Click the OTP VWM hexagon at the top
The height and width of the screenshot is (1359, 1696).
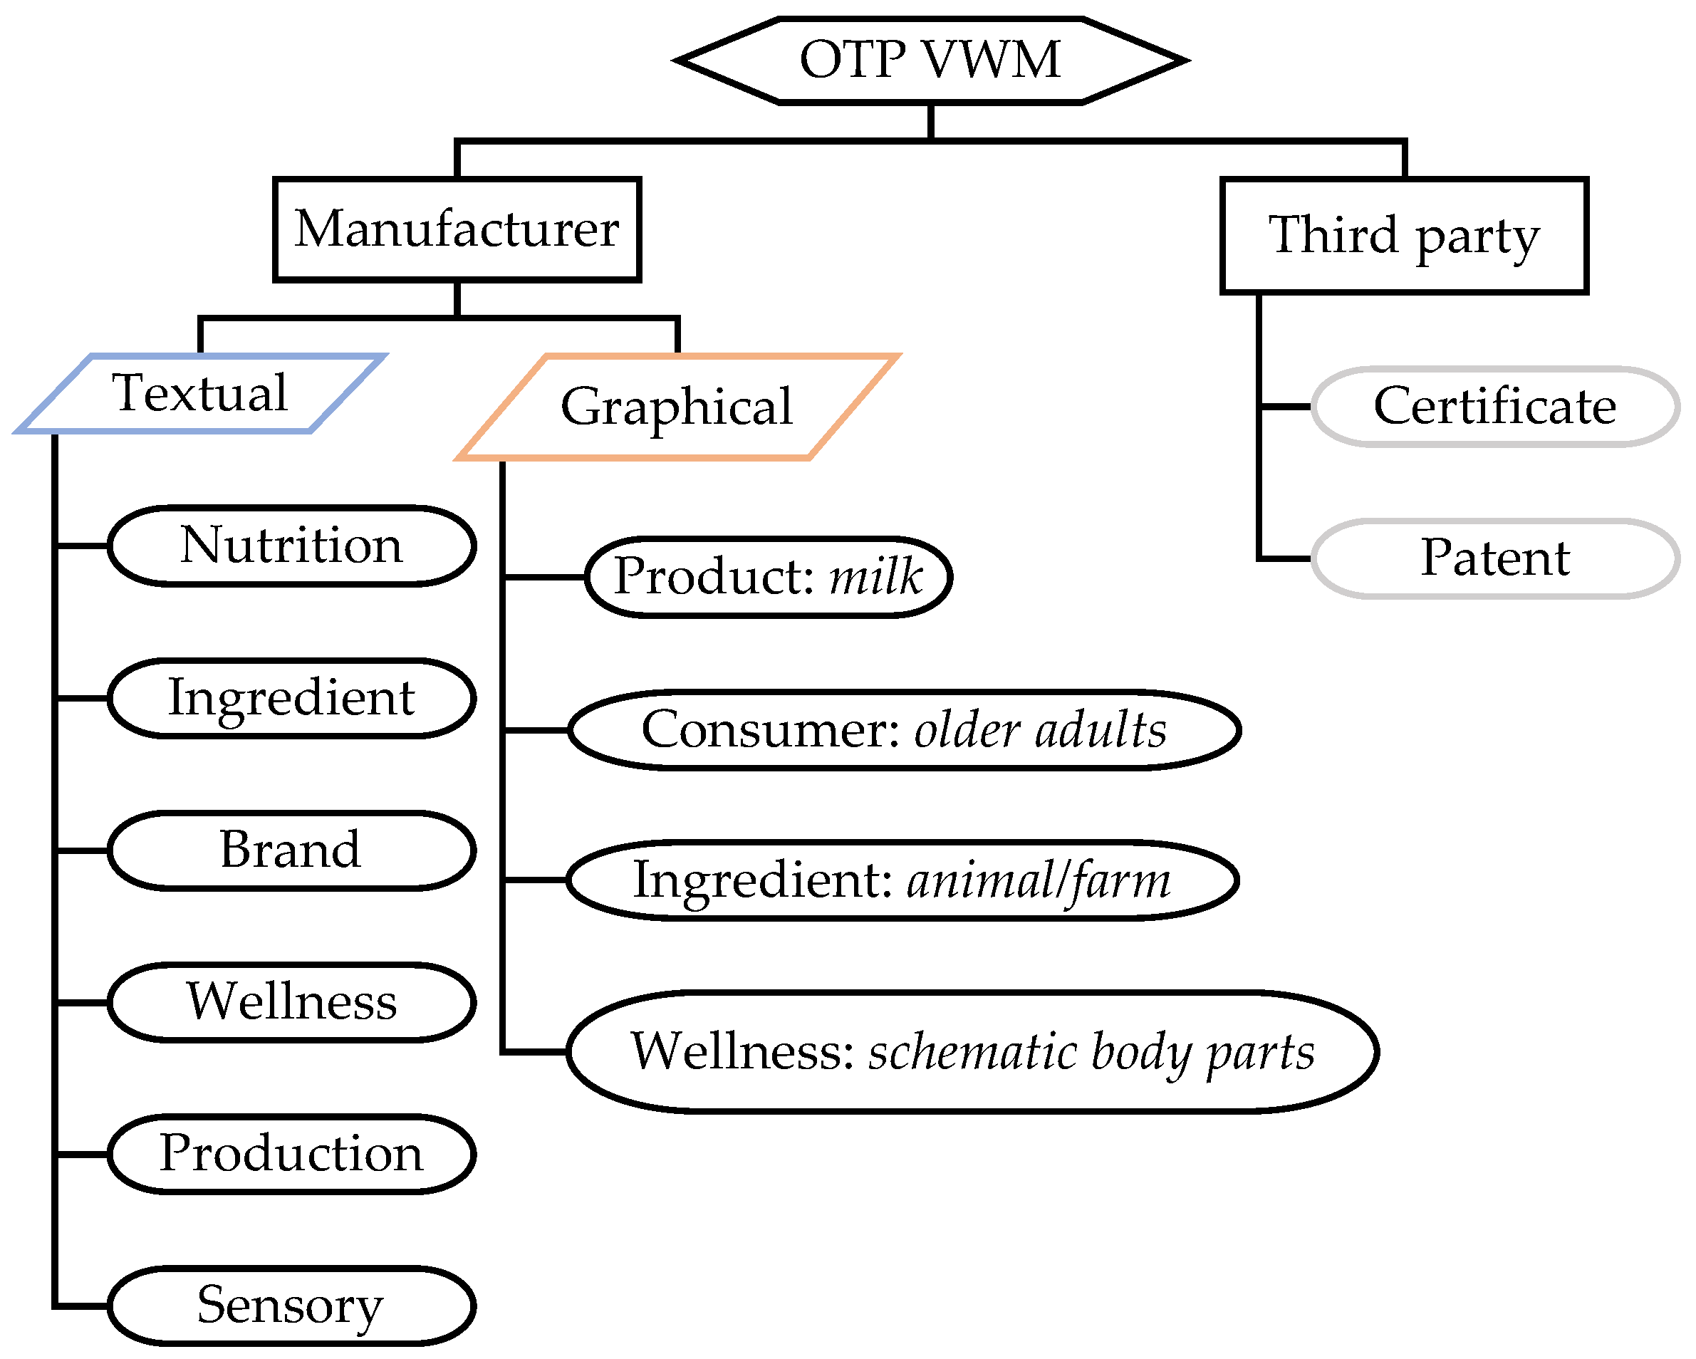pos(930,60)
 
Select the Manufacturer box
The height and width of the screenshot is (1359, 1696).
pos(457,229)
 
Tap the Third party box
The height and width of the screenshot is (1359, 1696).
pos(1404,235)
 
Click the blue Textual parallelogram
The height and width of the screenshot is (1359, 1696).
pos(201,393)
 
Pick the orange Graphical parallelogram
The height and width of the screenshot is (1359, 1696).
pos(677,407)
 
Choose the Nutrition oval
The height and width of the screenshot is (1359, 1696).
pos(292,546)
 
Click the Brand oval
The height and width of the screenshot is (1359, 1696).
pos(292,850)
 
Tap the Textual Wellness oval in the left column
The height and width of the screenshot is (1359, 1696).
pos(292,1002)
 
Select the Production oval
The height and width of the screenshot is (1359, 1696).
pos(292,1154)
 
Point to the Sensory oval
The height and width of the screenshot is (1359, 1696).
pos(292,1306)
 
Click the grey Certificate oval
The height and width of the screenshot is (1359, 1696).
pos(1494,407)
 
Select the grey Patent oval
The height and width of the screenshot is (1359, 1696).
pos(1494,558)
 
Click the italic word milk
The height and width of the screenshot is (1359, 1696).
pos(875,576)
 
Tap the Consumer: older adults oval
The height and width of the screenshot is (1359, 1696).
pos(905,730)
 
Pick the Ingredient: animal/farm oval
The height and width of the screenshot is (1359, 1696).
pos(902,880)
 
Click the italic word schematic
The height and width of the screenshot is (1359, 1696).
pos(972,1052)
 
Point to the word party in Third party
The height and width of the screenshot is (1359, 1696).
pos(1477,236)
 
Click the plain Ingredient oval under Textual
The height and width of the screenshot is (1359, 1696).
pos(292,698)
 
